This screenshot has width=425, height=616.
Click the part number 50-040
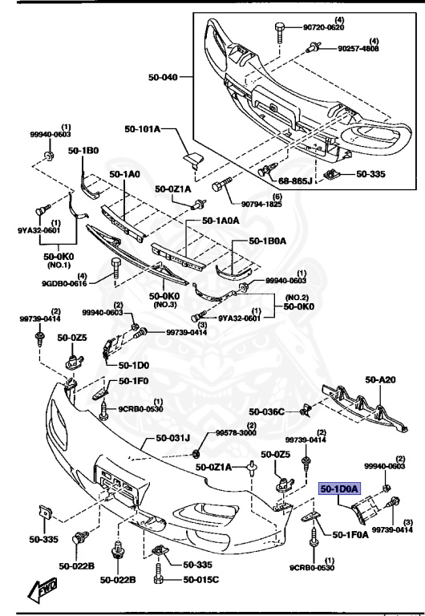(164, 78)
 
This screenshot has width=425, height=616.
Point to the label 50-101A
(143, 129)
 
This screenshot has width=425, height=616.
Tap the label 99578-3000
(238, 432)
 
